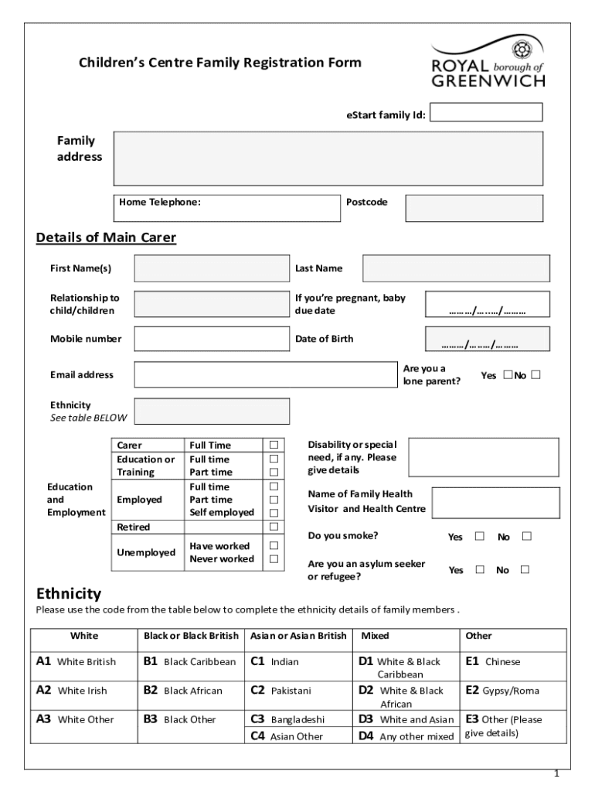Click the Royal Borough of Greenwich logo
pyautogui.click(x=488, y=63)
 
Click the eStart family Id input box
pyautogui.click(x=486, y=113)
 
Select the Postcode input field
pyautogui.click(x=474, y=208)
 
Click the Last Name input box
pyautogui.click(x=456, y=268)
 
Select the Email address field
pyautogui.click(x=265, y=374)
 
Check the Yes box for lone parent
pyautogui.click(x=508, y=375)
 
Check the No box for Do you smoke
pyautogui.click(x=527, y=536)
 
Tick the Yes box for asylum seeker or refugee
pyautogui.click(x=480, y=570)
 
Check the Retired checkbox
pyautogui.click(x=273, y=527)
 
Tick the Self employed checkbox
pyautogui.click(x=273, y=513)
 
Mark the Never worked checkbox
pyautogui.click(x=273, y=559)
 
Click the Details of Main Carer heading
pyautogui.click(x=107, y=237)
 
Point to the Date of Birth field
pyautogui.click(x=488, y=339)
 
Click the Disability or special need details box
pyautogui.click(x=483, y=457)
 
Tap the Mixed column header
pyautogui.click(x=376, y=636)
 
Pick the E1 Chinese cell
pyautogui.click(x=502, y=662)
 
